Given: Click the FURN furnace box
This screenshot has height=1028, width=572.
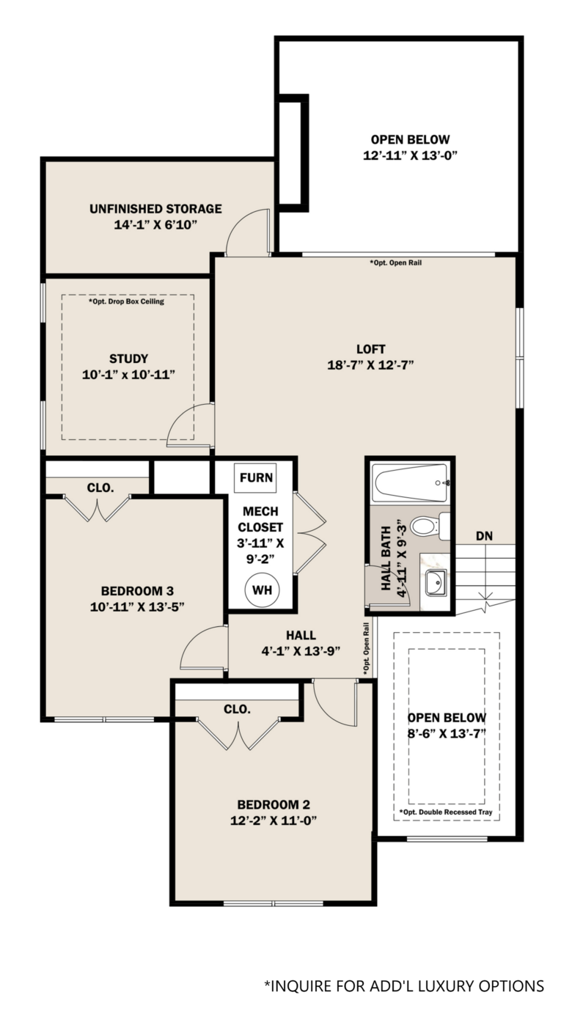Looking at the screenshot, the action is pos(256,478).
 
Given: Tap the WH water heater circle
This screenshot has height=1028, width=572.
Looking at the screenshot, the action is pos(262,590).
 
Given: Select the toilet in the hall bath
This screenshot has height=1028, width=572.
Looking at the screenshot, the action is pos(430,526).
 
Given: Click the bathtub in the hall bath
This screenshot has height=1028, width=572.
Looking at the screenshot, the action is pos(411,482).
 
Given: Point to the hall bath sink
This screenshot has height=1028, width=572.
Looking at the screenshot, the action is pos(436,583).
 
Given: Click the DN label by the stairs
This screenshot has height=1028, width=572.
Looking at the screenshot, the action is pos(484,535).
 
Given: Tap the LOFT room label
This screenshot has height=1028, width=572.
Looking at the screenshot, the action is pos(371,349).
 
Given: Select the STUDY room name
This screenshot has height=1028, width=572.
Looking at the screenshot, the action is pos(128,359).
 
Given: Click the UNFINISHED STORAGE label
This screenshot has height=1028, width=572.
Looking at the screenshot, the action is pos(155,209).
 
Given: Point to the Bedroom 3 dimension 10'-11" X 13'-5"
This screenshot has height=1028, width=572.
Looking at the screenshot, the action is pos(137,606).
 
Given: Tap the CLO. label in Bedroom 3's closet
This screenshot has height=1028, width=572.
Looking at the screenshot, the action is pos(100,488).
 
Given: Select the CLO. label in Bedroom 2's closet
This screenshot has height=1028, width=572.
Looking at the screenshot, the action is pos(238,709).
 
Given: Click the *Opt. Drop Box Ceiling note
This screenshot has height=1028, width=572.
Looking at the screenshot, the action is pos(126,301).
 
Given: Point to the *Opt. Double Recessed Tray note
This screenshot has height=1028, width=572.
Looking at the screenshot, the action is pos(446,812).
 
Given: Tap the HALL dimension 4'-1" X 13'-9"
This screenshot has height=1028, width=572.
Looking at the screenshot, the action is pos(301,651).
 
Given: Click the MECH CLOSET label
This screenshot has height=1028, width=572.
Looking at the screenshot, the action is pos(260,519).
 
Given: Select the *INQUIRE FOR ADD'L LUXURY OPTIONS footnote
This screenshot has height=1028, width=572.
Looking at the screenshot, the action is pos(404,985).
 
